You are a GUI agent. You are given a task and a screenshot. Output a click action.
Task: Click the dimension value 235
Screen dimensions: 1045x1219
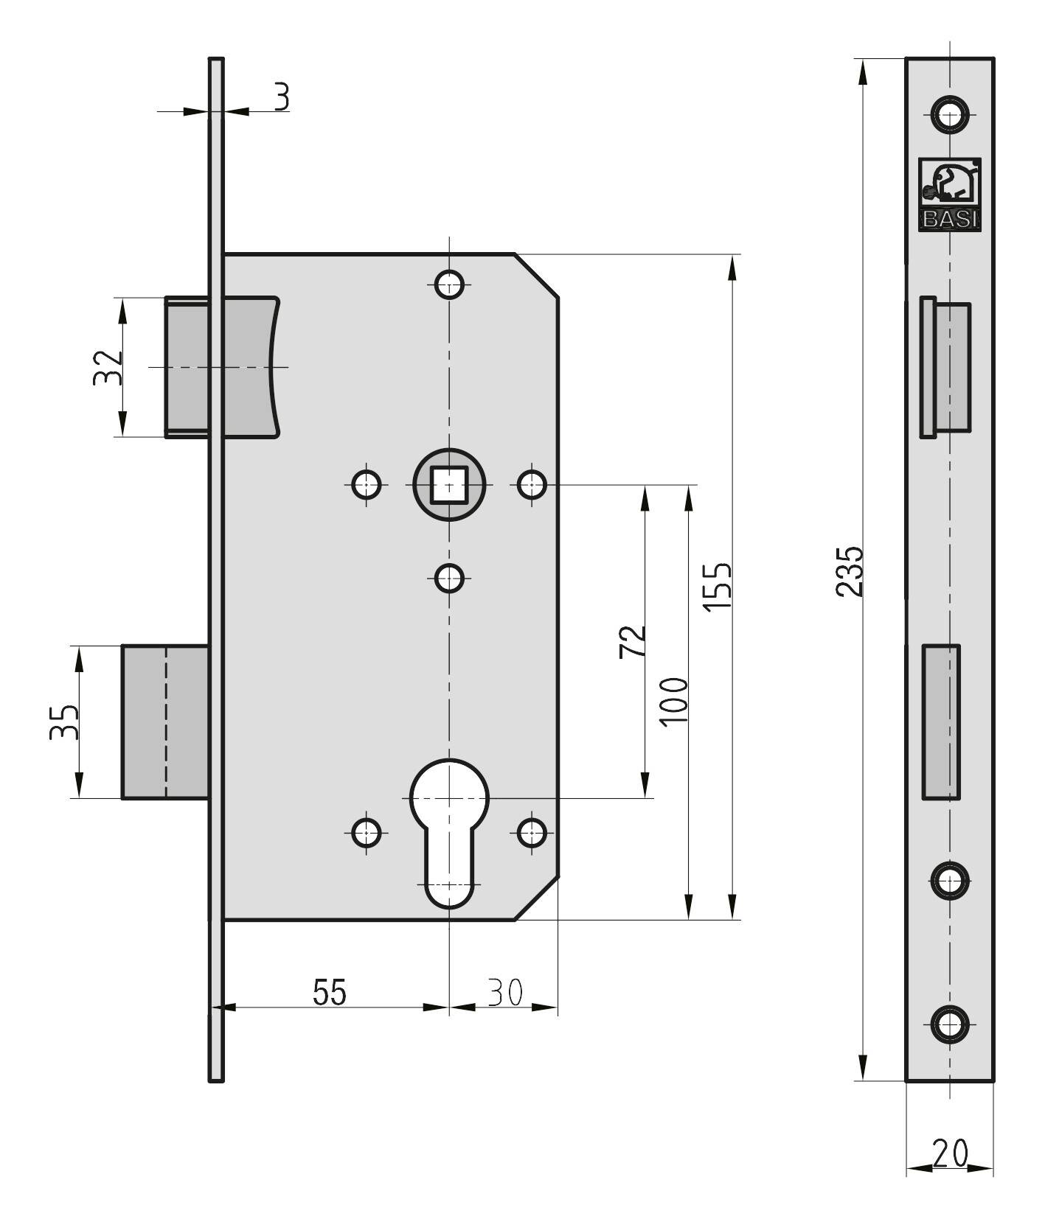[x=849, y=570]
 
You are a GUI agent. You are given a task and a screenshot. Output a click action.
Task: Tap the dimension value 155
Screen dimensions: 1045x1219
[x=717, y=586]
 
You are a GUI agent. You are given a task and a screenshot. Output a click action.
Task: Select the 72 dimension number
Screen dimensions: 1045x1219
[x=633, y=641]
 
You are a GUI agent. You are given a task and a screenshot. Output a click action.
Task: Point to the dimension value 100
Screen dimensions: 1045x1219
[x=674, y=702]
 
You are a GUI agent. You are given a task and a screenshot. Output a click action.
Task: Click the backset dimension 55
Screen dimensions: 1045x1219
[x=329, y=992]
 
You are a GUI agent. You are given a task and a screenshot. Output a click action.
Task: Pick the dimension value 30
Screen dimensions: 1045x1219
[x=504, y=992]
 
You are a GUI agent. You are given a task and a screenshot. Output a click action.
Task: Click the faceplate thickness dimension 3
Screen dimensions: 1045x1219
[x=281, y=97]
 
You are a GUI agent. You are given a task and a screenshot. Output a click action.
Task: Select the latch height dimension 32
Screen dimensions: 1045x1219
[x=107, y=367]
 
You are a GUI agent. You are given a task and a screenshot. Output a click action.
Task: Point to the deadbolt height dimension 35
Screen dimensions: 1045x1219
[x=63, y=722]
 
